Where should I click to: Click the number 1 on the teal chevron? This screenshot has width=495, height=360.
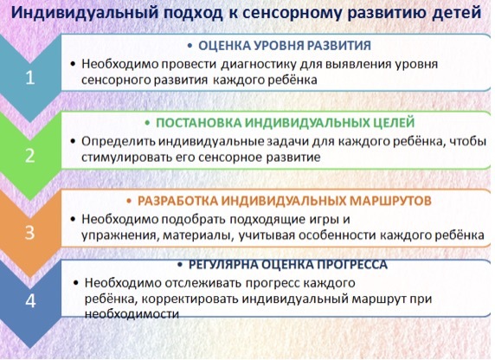tap(30, 77)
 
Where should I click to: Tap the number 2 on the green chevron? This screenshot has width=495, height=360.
tap(30, 156)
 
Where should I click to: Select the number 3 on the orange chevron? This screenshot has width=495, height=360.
tap(29, 233)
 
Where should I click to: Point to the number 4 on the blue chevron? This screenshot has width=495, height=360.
tap(30, 300)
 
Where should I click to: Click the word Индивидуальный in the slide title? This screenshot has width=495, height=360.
tap(85, 13)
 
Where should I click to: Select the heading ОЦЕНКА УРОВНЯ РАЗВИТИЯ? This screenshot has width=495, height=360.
tap(285, 46)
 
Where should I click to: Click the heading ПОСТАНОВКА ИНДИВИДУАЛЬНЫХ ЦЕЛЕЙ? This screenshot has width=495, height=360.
tap(285, 123)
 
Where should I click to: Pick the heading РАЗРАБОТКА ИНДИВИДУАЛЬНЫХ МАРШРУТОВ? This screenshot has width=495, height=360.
tap(285, 201)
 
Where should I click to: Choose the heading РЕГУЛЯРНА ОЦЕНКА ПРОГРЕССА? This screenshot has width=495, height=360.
tap(288, 265)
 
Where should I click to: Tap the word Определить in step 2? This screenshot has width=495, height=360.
tap(119, 142)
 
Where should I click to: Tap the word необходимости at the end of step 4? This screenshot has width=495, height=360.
tap(132, 314)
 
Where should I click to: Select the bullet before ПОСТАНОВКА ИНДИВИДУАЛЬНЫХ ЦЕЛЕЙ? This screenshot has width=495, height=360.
tap(147, 123)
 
